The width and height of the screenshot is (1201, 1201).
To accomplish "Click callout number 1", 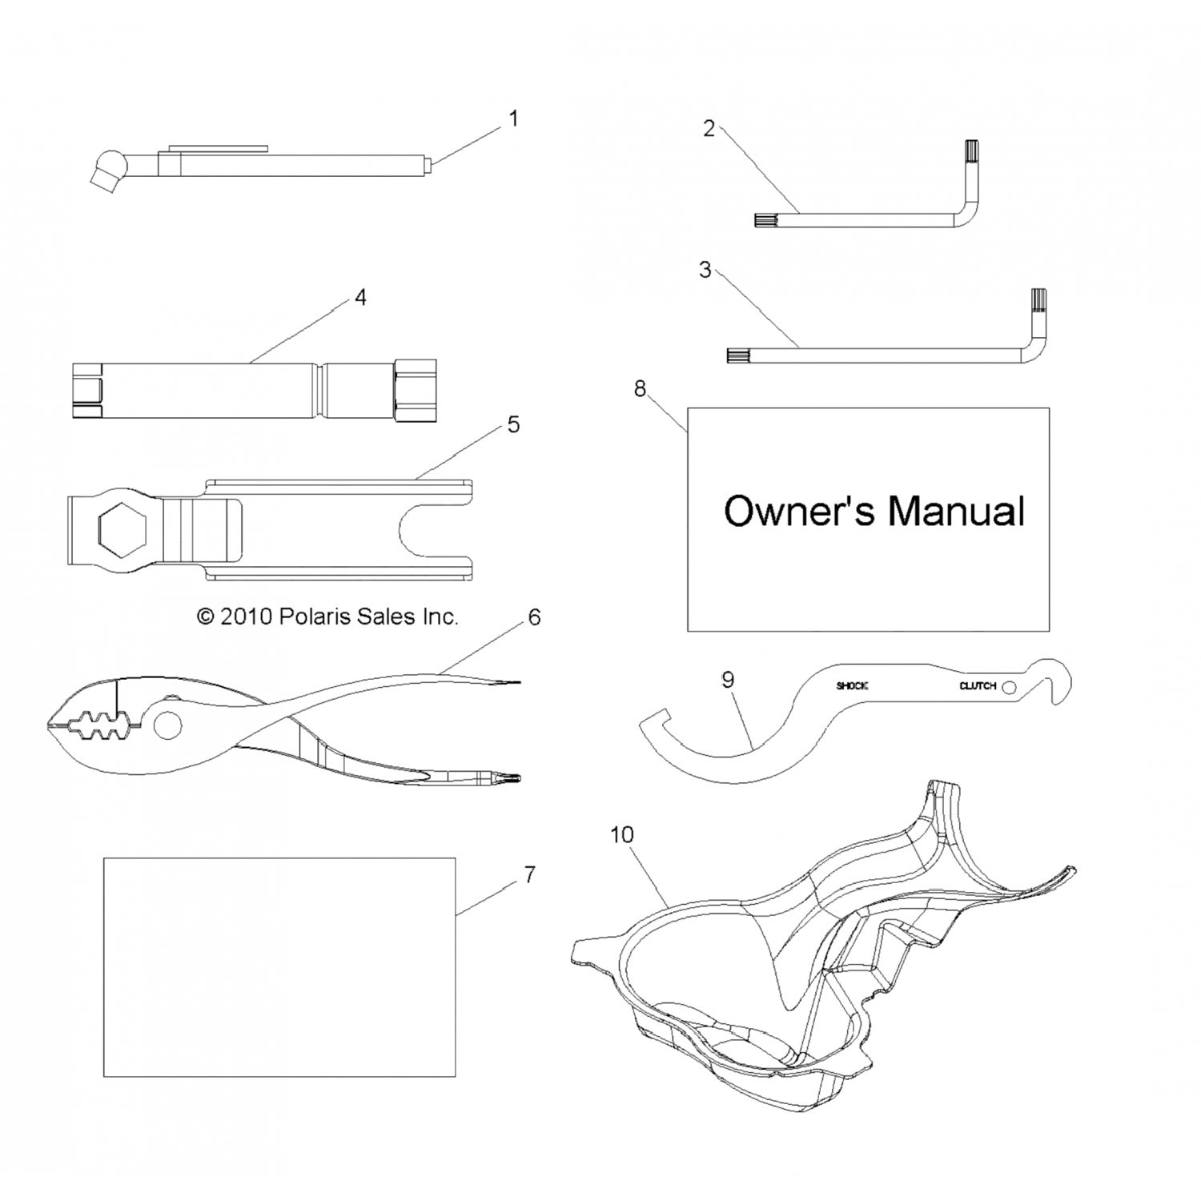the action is click(513, 118).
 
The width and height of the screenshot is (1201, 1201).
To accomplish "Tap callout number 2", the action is click(709, 129).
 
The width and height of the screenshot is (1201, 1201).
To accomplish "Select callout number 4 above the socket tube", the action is click(360, 298).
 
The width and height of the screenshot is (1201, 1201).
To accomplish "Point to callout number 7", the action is click(529, 875).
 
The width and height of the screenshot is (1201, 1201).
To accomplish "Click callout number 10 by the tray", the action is click(621, 835).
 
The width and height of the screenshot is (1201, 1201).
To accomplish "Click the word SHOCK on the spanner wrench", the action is click(852, 686).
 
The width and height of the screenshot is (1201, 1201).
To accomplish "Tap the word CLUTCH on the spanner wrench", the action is click(977, 686).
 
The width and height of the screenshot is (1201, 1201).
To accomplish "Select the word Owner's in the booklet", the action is click(798, 512).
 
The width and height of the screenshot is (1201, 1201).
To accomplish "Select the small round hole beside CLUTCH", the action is click(1009, 687).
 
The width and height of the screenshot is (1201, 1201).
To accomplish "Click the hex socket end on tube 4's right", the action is click(416, 390).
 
